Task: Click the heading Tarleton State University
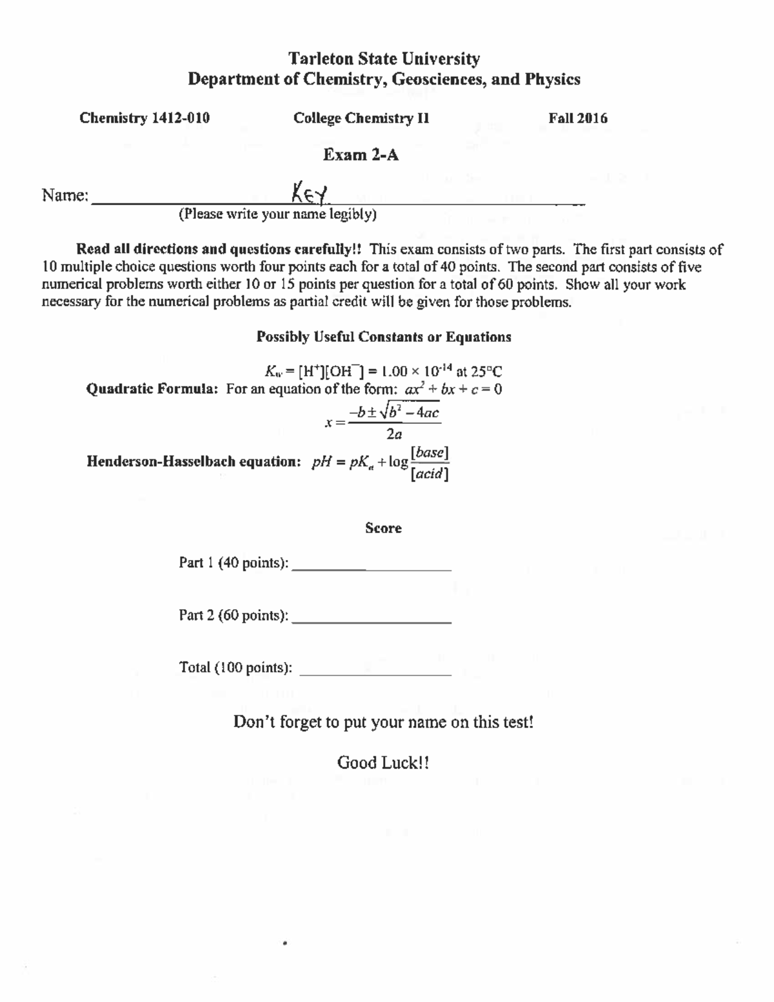384,59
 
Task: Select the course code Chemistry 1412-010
144,118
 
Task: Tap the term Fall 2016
577,118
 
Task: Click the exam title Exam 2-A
361,155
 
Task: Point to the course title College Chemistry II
361,118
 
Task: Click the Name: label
65,195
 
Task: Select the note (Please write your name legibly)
277,214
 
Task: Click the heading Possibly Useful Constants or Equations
384,337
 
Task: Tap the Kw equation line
383,371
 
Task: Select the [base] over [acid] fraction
430,463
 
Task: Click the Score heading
383,528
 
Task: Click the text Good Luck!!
383,763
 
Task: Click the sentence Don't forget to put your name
383,721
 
